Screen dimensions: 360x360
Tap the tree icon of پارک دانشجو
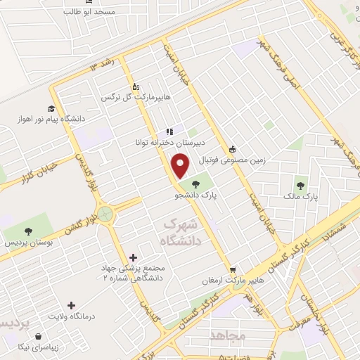pos(196,186)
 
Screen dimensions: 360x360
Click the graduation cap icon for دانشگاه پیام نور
pos(51,108)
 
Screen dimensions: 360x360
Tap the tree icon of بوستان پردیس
pos(29,231)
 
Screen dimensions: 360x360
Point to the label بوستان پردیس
pos(29,243)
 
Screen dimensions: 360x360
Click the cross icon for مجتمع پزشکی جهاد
pos(134,257)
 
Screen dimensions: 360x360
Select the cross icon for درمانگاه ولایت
pos(71,305)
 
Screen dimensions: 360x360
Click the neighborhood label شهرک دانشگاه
pos(181,233)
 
